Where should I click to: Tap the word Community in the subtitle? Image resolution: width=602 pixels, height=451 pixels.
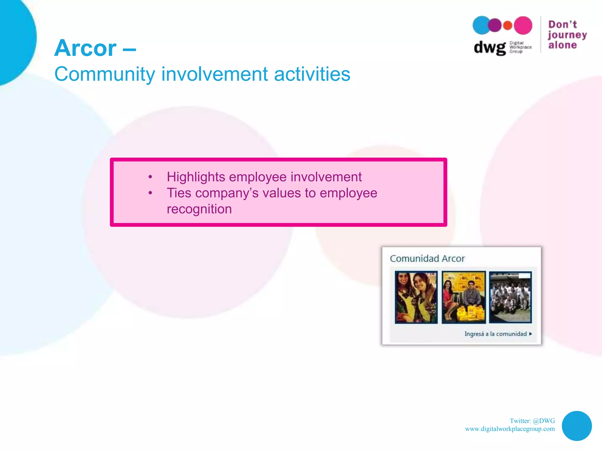[104, 74]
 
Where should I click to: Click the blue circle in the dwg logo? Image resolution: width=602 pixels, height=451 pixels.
[481, 25]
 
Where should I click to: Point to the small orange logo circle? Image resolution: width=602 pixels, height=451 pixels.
[508, 26]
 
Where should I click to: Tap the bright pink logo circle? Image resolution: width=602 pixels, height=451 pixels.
[523, 25]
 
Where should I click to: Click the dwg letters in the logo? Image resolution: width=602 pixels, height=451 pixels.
[489, 47]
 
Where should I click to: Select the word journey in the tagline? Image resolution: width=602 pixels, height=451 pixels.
[567, 35]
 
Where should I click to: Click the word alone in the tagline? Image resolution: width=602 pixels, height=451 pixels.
[562, 45]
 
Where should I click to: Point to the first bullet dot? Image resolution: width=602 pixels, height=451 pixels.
[150, 177]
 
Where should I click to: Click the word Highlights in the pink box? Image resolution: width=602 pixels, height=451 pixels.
[196, 177]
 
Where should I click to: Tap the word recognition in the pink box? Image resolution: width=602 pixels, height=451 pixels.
[199, 209]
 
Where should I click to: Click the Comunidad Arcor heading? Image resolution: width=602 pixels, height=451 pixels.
[427, 258]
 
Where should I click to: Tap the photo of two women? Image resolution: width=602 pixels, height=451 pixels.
[416, 297]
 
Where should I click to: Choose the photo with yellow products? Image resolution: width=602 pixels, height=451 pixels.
[464, 297]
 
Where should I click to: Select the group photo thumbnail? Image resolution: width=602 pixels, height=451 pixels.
[510, 297]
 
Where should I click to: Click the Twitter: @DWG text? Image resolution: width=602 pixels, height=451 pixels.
[532, 421]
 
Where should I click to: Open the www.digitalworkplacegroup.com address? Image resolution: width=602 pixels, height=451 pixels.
[509, 429]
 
